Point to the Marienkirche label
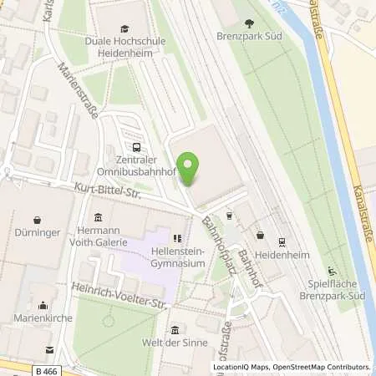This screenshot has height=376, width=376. pyautogui.click(x=40, y=318)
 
